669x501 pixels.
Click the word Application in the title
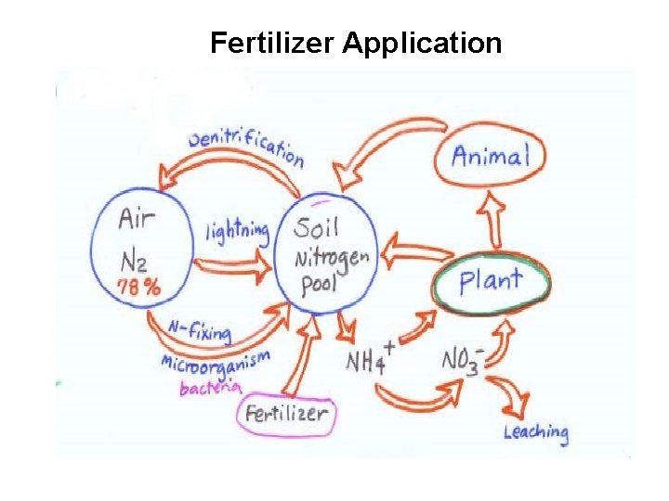pos(422,44)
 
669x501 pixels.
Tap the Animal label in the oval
pos(490,155)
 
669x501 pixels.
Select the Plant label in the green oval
pos(491,280)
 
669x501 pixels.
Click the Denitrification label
pos(245,146)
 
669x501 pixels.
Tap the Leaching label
pos(536,431)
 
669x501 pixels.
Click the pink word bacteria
pos(211,387)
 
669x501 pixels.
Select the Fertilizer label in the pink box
pos(286,413)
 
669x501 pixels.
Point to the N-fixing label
pos(200,330)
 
